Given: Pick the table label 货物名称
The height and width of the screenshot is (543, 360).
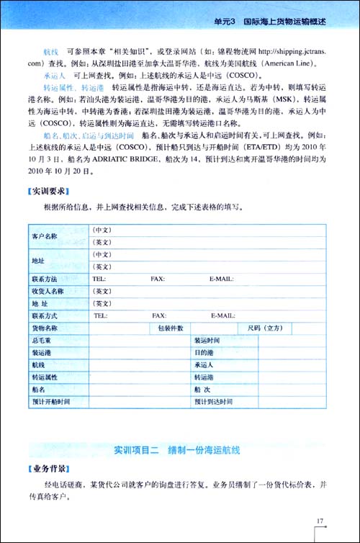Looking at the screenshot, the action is click(x=45, y=328).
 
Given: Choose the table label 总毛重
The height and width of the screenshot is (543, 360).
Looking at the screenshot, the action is click(x=41, y=340).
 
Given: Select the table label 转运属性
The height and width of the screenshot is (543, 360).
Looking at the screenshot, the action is click(x=45, y=377).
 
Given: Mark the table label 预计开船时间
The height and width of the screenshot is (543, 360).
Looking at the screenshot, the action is click(x=50, y=400).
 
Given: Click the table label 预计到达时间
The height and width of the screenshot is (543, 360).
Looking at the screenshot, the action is click(x=213, y=400).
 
